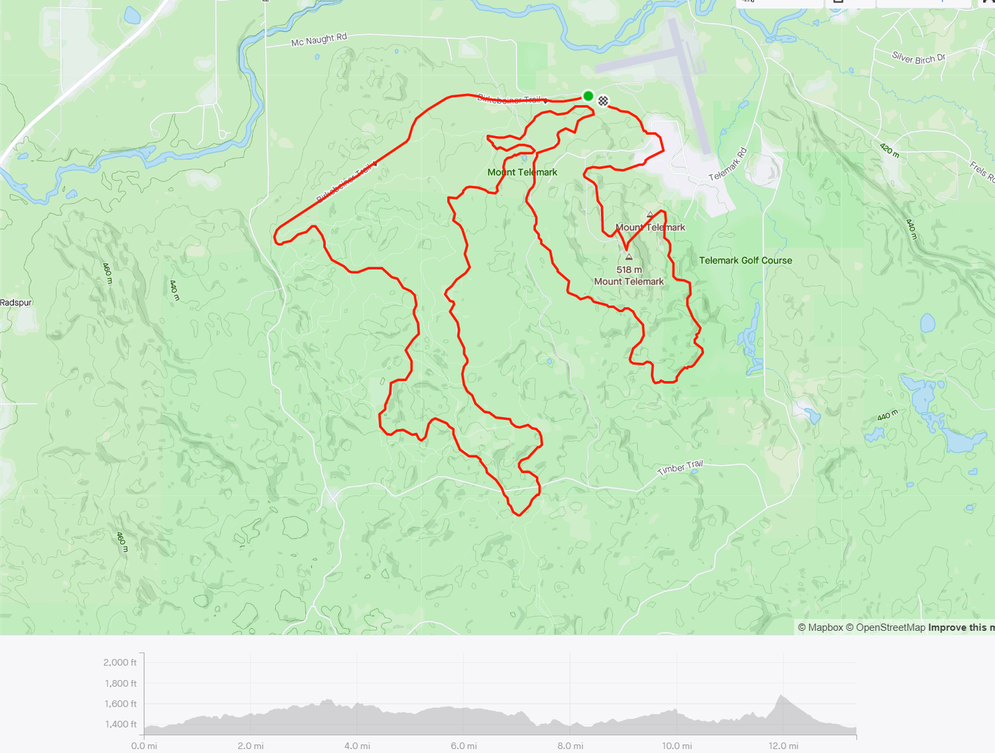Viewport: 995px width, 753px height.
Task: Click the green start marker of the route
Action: [588, 97]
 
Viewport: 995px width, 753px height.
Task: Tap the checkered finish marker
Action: [603, 101]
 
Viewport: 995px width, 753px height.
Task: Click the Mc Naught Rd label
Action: [319, 40]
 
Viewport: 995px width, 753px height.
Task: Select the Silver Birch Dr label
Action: [918, 58]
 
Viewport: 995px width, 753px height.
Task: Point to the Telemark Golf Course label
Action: [745, 261]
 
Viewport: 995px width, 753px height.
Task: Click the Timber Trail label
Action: [680, 468]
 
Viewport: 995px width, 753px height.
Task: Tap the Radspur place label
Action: [16, 303]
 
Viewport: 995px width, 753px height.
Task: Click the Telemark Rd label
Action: [728, 165]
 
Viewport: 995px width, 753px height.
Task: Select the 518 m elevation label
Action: [629, 269]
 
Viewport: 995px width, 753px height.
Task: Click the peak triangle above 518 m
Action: [629, 257]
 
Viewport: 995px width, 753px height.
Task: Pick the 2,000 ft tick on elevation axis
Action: [120, 662]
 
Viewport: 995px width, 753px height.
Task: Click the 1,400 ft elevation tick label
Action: [120, 724]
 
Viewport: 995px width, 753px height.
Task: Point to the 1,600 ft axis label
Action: [120, 704]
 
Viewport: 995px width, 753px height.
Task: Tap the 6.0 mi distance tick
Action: [464, 746]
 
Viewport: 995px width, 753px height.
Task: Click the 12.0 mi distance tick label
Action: [785, 746]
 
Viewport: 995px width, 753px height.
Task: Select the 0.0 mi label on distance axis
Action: [144, 746]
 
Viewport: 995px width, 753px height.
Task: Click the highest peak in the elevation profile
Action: [781, 696]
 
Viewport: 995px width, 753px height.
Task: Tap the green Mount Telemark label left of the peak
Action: [522, 172]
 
